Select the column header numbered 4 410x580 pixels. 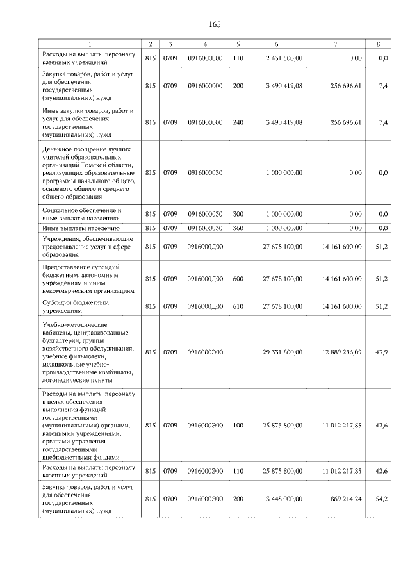205,44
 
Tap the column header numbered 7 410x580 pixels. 335,44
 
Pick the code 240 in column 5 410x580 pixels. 238,122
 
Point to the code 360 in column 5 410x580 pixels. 238,228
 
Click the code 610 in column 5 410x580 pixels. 238,306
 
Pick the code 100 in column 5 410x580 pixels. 238,425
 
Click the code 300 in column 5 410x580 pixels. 238,214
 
